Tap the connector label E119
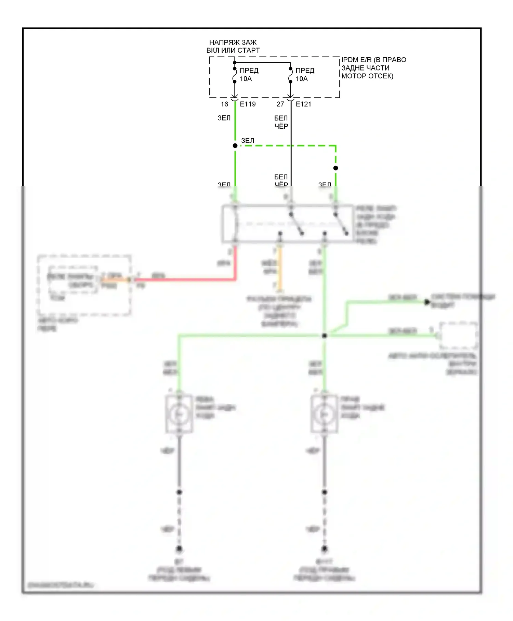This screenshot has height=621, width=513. coord(248,104)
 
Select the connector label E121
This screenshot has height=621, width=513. coord(303,104)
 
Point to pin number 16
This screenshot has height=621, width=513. coord(224,104)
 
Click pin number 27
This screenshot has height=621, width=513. coord(280,104)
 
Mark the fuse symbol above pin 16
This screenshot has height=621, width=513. coord(235,75)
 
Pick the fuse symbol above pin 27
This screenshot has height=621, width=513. coord(290,75)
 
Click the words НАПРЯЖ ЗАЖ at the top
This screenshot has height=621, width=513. coord(233,42)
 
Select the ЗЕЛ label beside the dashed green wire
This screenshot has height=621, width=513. coord(248,141)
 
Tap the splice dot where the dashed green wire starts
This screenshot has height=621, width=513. coord(235,146)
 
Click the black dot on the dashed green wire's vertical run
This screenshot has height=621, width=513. coord(336,168)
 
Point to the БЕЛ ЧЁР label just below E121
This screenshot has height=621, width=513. coord(281,122)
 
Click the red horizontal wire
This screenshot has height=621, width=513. coord(185,280)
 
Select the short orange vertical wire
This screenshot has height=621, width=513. coord(280,267)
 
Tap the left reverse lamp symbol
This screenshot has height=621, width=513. coord(179,414)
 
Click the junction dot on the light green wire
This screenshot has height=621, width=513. coord(325,336)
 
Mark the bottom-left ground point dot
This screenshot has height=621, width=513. coord(179,549)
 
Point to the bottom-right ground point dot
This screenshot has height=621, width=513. coord(325,549)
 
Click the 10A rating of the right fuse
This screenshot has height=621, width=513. coord(302,79)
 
